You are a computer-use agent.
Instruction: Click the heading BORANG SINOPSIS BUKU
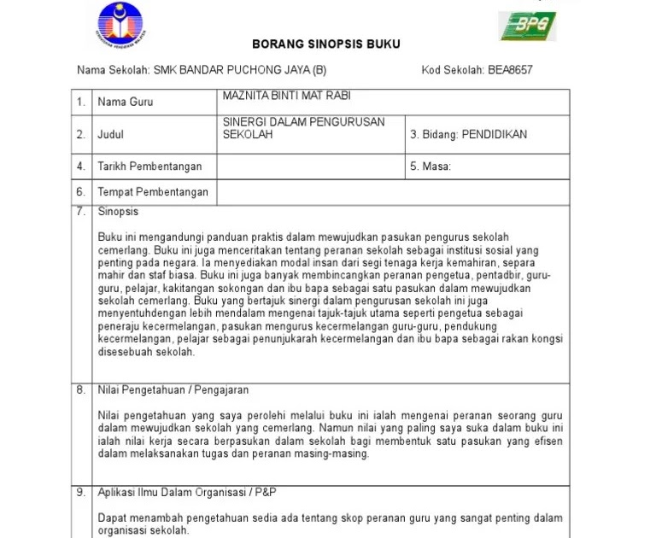point(326,44)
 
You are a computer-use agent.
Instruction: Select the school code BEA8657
point(510,70)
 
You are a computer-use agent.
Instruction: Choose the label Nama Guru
point(126,102)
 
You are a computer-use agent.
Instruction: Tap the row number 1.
point(80,102)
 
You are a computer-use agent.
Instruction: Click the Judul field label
point(111,134)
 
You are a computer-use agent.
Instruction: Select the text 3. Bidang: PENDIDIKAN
point(469,134)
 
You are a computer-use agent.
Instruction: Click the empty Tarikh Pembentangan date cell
point(310,167)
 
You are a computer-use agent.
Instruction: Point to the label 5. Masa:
point(430,167)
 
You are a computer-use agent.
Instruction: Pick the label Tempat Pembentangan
point(153,192)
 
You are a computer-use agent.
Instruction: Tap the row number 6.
point(80,192)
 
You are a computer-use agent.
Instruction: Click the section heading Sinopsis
point(118,212)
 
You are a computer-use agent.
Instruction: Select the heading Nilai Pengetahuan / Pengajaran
point(173,390)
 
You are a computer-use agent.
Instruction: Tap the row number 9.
point(80,493)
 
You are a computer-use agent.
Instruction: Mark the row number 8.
point(80,390)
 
